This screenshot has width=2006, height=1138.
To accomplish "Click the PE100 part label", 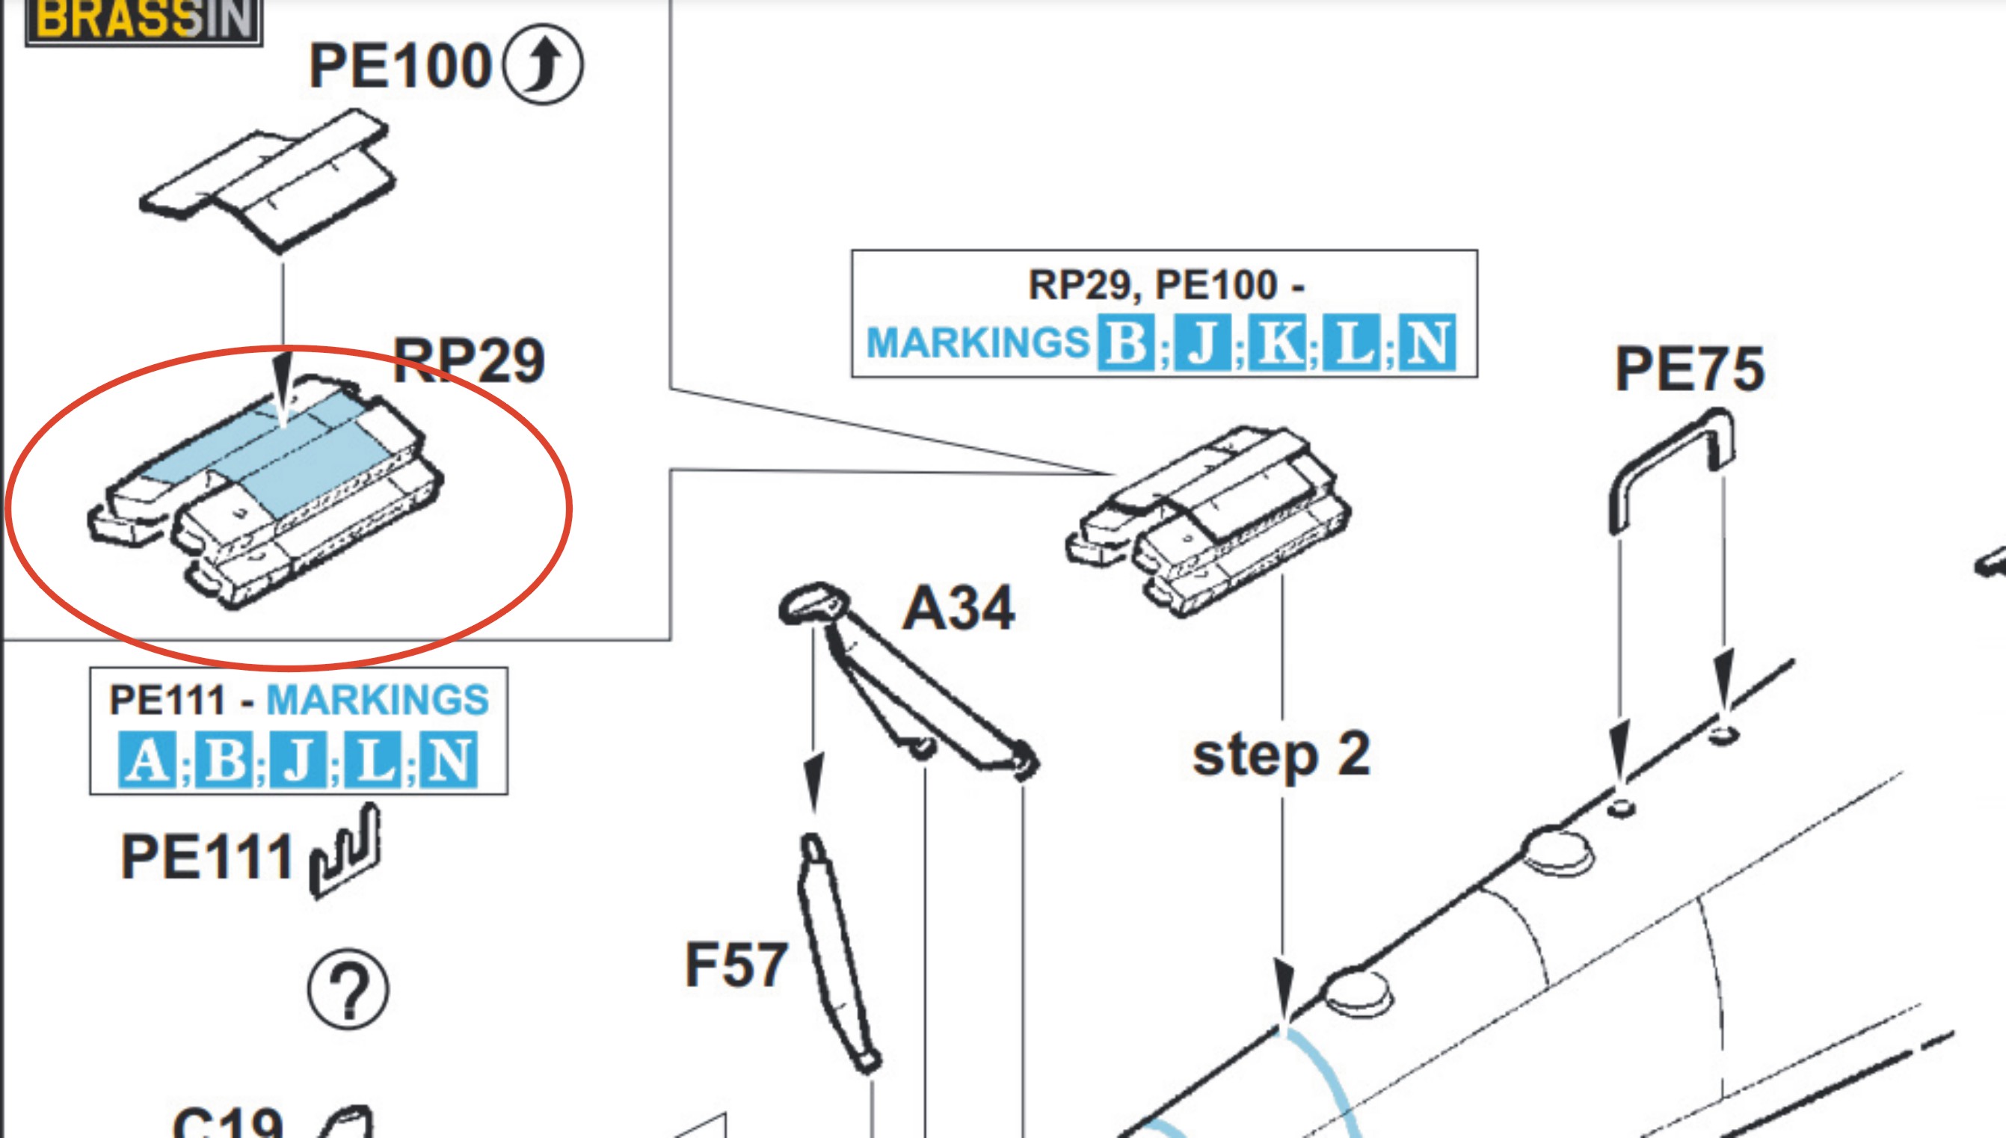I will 399,67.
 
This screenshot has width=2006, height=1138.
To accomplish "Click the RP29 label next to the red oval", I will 468,360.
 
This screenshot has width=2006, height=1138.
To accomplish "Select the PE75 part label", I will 1690,369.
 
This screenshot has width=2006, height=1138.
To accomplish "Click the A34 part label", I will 958,608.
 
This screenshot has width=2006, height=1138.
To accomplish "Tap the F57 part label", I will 736,965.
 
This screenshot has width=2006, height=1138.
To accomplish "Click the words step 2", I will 1281,755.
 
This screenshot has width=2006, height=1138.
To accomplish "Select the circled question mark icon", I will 348,989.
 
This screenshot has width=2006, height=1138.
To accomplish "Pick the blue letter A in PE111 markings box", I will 146,760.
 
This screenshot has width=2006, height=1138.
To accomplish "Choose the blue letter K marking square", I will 1277,342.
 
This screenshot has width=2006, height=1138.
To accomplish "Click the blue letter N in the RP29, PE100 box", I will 1427,342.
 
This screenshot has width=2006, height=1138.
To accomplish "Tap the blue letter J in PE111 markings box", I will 298,760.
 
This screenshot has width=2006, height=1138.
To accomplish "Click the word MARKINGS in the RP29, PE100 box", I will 978,342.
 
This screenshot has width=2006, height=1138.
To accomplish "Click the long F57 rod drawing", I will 838,953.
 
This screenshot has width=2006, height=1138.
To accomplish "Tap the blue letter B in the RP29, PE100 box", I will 1125,342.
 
